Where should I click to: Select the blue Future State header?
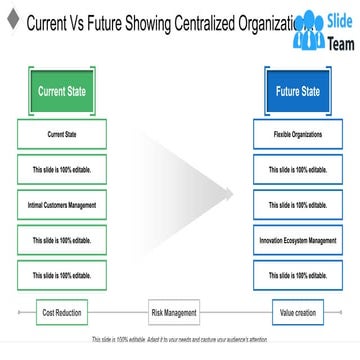[297, 91]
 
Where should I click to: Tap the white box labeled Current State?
[62, 134]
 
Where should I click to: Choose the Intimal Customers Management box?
[62, 205]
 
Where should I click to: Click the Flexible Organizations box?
[297, 134]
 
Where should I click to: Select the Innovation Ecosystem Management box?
[297, 240]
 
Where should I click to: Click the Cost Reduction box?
[62, 313]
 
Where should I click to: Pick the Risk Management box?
[174, 313]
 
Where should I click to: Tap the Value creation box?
[297, 313]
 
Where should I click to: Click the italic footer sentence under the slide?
[179, 340]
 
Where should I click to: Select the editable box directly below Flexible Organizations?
[297, 169]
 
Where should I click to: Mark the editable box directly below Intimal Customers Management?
[62, 240]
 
